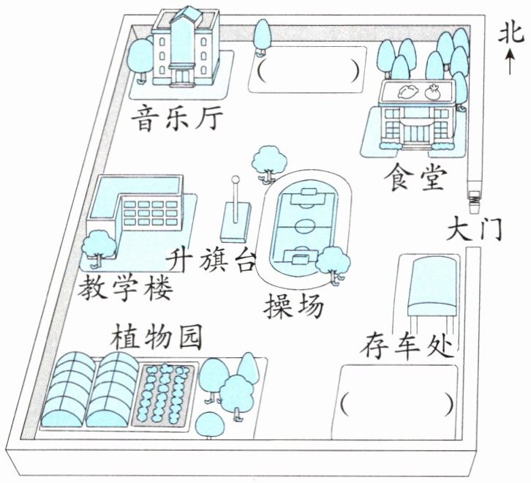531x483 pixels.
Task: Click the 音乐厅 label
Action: pyautogui.click(x=178, y=119)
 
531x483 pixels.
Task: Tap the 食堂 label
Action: pyautogui.click(x=415, y=176)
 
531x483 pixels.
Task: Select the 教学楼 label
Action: pyautogui.click(x=125, y=288)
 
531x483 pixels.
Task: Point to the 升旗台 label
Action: pyautogui.click(x=210, y=259)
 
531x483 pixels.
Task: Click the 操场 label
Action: pyautogui.click(x=293, y=305)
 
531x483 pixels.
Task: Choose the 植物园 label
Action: pyautogui.click(x=157, y=337)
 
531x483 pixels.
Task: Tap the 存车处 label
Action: pyautogui.click(x=407, y=346)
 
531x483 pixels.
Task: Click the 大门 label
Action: pyautogui.click(x=473, y=228)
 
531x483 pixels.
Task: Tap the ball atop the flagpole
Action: pyautogui.click(x=236, y=179)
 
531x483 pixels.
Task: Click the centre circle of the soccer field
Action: pyautogui.click(x=306, y=226)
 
